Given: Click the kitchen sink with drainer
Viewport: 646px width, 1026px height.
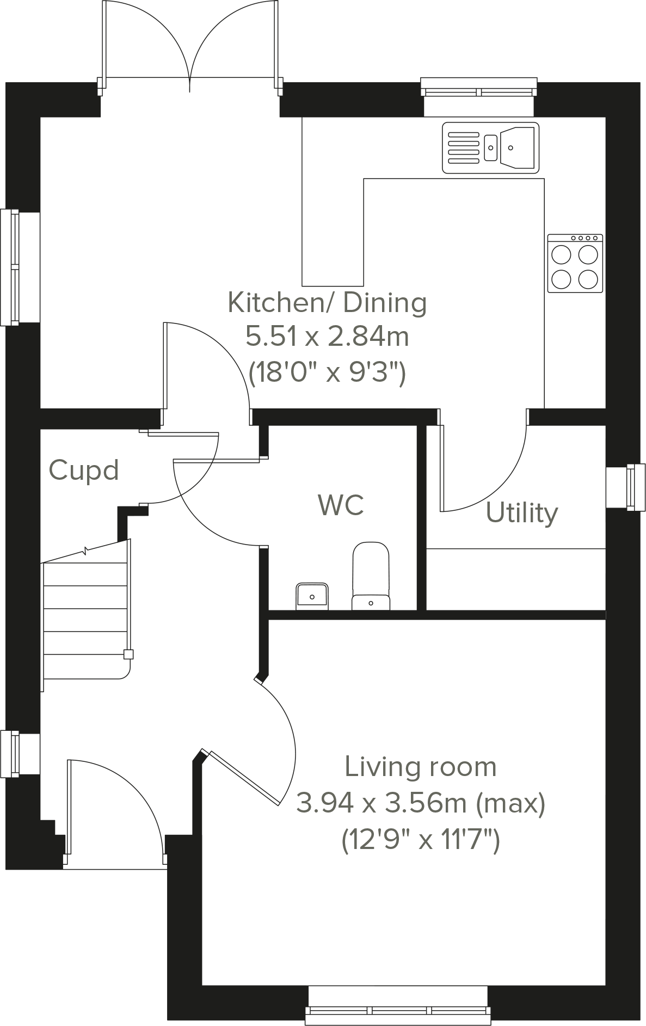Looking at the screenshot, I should click(490, 148).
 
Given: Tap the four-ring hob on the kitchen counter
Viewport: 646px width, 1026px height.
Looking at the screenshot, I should click(575, 264).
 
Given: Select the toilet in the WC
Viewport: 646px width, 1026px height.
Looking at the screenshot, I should click(371, 576).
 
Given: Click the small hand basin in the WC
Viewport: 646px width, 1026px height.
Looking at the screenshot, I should click(312, 596).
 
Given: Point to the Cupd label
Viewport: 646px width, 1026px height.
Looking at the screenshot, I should click(83, 470).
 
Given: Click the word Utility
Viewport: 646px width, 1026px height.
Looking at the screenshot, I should click(521, 513).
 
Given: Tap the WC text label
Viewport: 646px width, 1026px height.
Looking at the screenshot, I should click(341, 505).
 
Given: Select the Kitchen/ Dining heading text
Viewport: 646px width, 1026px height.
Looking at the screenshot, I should click(327, 303).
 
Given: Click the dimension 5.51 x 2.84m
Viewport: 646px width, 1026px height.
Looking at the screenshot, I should click(327, 337).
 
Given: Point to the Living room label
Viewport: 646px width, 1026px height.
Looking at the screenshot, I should click(420, 767).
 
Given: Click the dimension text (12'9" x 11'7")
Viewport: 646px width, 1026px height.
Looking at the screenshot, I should click(420, 839).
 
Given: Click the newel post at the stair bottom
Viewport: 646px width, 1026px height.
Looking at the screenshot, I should click(129, 655).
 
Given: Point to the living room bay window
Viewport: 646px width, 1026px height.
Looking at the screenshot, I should click(398, 1011).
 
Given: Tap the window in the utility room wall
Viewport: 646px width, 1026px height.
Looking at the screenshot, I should click(634, 487).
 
